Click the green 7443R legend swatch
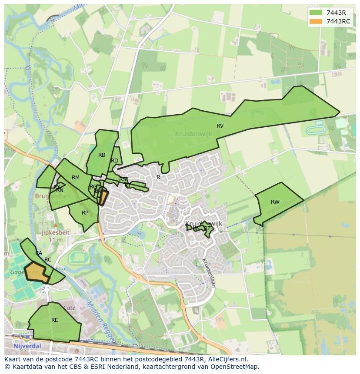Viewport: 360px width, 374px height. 316,13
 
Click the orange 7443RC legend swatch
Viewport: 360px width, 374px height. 316,21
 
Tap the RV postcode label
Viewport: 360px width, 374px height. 220,126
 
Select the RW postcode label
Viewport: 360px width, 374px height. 275,202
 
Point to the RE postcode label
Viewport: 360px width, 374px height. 55,320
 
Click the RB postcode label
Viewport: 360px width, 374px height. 102,155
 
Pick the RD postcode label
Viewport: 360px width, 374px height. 115,161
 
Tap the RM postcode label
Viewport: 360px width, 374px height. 76,178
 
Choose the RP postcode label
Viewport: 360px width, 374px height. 85,213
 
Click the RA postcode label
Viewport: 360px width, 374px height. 39,253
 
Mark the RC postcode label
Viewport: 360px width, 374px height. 48,260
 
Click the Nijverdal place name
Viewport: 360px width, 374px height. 27,346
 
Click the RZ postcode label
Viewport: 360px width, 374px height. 207,228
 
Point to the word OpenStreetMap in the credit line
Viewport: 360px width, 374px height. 237,367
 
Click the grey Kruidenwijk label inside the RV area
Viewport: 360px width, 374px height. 193,134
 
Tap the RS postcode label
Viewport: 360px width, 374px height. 123,179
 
